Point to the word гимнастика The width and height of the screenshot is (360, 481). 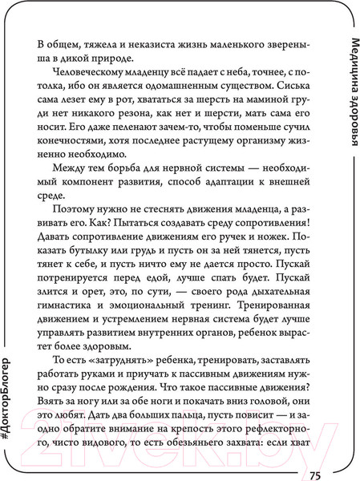point(68,329)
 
